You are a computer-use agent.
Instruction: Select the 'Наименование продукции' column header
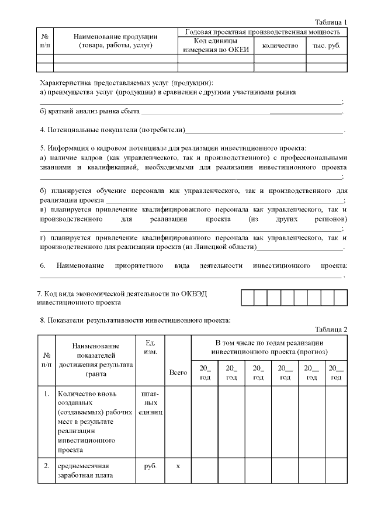[115, 41]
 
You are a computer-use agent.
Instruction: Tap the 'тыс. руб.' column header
[327, 46]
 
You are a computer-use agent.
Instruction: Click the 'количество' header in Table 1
[280, 46]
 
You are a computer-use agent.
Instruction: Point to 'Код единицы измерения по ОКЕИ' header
[215, 46]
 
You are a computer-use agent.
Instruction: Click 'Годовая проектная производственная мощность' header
[262, 32]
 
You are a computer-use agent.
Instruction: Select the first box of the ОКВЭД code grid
[247, 298]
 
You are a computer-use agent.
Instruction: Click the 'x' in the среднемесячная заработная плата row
[178, 466]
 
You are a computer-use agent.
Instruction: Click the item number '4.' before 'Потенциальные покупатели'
[43, 129]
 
